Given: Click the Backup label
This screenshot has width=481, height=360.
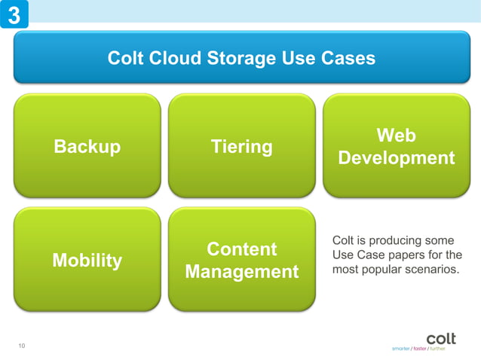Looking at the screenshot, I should tap(87, 147).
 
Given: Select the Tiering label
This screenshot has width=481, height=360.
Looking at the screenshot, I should tap(241, 147).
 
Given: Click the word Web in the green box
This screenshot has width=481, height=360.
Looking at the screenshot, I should tap(396, 136).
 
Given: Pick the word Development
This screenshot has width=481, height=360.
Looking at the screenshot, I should tap(396, 158).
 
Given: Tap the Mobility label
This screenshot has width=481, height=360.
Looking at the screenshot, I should tap(87, 261).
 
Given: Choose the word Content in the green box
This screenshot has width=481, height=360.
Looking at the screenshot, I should tap(241, 249).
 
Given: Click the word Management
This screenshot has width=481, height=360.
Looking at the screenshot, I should tap(241, 272).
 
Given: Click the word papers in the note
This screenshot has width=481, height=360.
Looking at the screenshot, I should tap(416, 255).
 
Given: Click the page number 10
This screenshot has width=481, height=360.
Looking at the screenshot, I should tap(22, 346).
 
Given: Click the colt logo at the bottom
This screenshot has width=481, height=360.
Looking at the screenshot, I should tap(441, 338).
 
